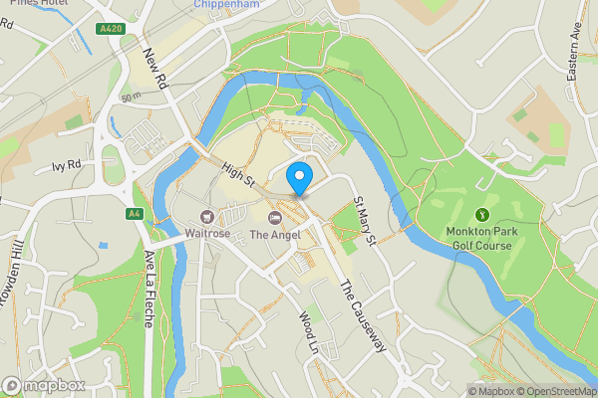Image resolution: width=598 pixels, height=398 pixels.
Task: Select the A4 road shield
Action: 134,213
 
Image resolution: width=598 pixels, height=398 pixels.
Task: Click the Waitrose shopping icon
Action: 207,216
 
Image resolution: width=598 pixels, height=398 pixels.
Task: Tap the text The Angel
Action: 275,235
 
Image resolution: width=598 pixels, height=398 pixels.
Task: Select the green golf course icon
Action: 483,215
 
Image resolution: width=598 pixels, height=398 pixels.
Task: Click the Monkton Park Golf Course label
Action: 478,239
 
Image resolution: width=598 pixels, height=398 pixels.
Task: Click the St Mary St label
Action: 364,221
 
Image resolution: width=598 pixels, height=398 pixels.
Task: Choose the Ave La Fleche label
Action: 151,277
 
